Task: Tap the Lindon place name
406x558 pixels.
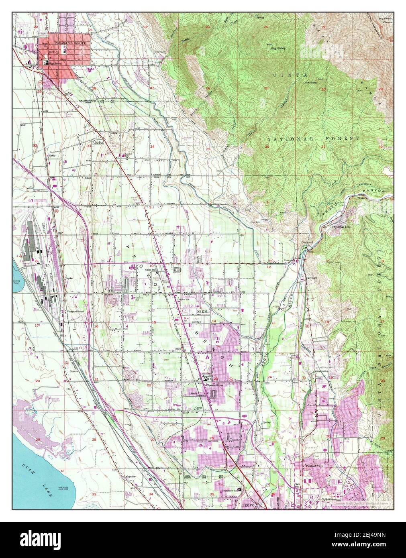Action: [x=98, y=143]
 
